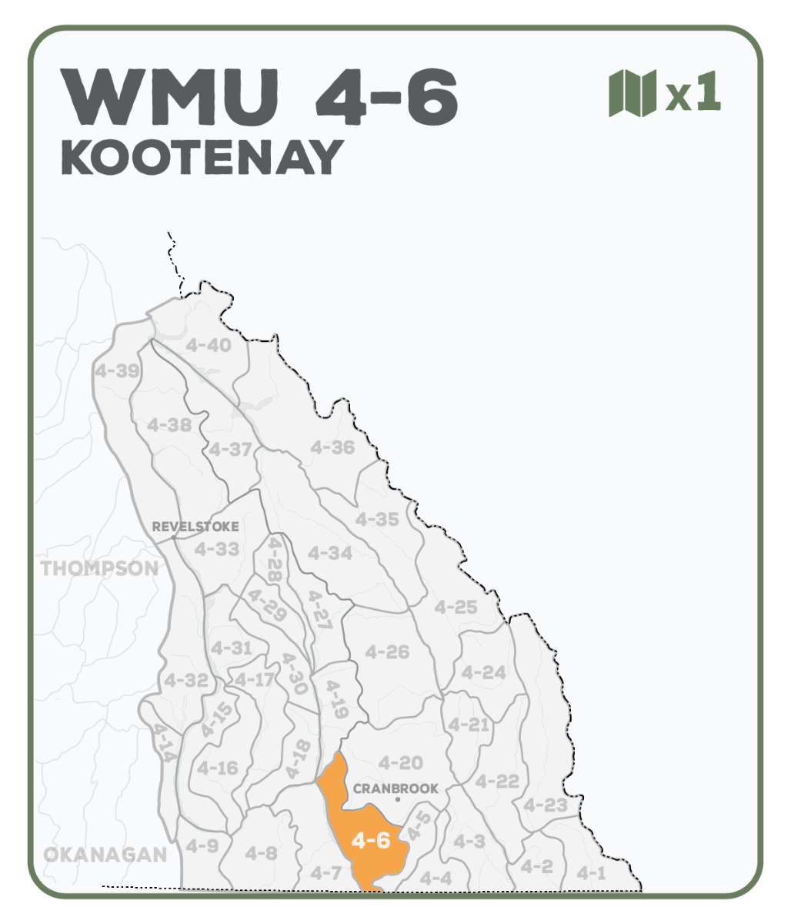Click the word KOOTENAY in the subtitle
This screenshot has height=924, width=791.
point(202,158)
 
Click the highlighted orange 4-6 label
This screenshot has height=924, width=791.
point(370,840)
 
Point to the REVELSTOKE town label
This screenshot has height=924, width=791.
point(195,527)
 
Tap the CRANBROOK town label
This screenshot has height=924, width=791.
point(395,788)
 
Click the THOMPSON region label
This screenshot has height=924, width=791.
point(99,569)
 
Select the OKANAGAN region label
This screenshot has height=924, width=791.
point(105,854)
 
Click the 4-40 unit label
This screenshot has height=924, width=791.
point(209,345)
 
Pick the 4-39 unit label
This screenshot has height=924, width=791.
point(117,371)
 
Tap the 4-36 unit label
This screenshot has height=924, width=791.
point(332,447)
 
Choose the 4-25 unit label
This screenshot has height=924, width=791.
point(456,607)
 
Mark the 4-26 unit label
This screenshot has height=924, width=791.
point(387,652)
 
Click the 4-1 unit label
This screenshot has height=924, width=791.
point(591,872)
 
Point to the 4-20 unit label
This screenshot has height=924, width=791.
point(401,763)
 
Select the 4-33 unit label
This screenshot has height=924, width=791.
point(216,549)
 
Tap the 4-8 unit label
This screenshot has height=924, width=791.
point(261,852)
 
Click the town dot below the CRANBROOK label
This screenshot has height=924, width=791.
point(397,800)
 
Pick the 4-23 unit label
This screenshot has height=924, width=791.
point(545,805)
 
